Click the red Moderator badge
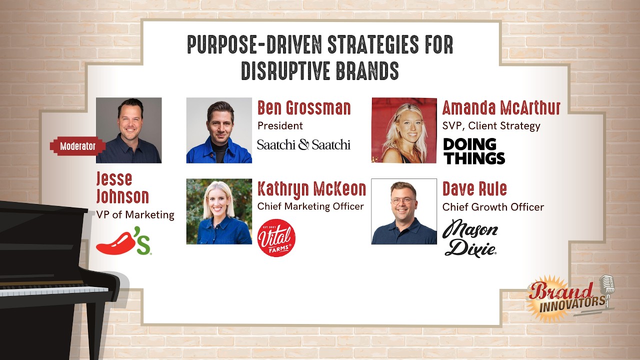pyautogui.click(x=77, y=146)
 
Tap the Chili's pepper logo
pyautogui.click(x=123, y=241)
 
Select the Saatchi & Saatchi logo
pyautogui.click(x=303, y=145)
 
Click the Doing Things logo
pyautogui.click(x=474, y=151)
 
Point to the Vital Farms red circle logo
pyautogui.click(x=276, y=237)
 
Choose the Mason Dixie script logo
pyautogui.click(x=470, y=238)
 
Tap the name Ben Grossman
pyautogui.click(x=304, y=108)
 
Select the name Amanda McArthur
pyautogui.click(x=501, y=108)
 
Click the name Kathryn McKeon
pyautogui.click(x=311, y=189)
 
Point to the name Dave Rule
pyautogui.click(x=474, y=189)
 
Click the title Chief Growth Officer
pyautogui.click(x=493, y=206)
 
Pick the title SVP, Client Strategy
pyautogui.click(x=491, y=125)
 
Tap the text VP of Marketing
pyautogui.click(x=135, y=215)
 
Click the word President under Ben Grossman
pyautogui.click(x=280, y=125)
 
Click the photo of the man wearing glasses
pyautogui.click(x=404, y=211)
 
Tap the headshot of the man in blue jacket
pyautogui.click(x=219, y=130)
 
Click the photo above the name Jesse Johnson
pyautogui.click(x=128, y=130)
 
